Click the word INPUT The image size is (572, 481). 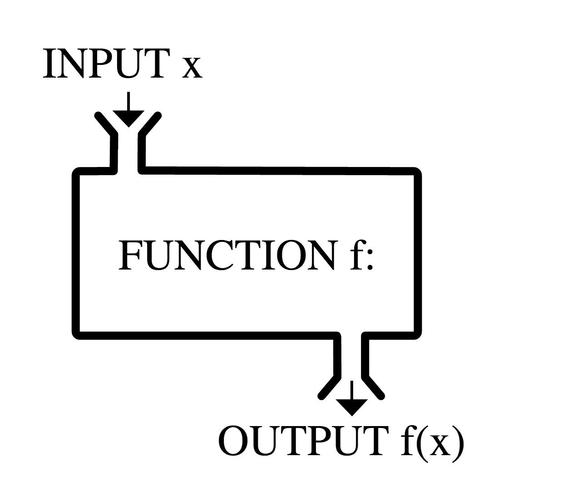point(107,64)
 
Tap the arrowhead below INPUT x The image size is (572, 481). point(128,118)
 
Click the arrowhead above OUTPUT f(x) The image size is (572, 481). point(351,406)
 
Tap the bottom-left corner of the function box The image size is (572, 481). point(76,335)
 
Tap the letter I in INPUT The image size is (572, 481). point(48,64)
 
